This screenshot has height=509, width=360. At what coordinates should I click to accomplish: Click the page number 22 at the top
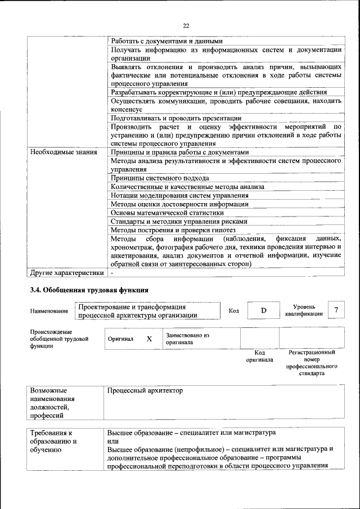(x=186, y=25)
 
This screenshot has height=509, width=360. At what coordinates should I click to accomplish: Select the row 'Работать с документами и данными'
(x=166, y=41)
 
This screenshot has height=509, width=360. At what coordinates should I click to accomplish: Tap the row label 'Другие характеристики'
(x=67, y=273)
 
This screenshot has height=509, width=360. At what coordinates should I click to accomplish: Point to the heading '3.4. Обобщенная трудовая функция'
(x=89, y=290)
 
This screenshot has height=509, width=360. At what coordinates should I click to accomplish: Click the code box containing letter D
(x=263, y=311)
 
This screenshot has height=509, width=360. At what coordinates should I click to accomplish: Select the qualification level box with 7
(x=336, y=310)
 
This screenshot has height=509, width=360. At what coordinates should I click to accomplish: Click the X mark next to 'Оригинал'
(x=149, y=339)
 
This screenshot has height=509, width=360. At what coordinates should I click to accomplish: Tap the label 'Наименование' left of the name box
(x=49, y=311)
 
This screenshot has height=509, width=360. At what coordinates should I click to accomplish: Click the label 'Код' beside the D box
(x=234, y=311)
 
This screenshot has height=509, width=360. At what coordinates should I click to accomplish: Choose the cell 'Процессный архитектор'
(x=145, y=390)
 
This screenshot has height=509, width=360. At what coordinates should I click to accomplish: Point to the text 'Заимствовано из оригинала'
(x=187, y=339)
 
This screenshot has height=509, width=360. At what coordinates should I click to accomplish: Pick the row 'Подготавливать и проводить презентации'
(x=176, y=118)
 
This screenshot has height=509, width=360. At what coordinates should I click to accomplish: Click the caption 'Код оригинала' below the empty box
(x=259, y=355)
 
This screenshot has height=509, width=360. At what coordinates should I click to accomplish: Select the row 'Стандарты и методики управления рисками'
(x=179, y=222)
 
